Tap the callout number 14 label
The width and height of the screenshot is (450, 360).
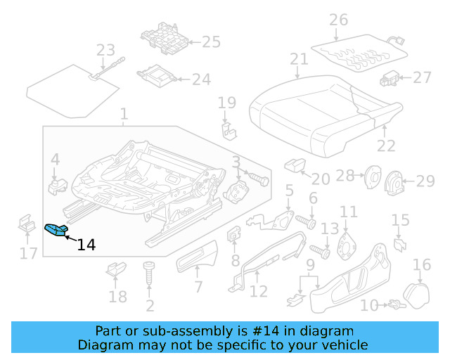[86, 245]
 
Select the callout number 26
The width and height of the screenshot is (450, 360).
[338, 20]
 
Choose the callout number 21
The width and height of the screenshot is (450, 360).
[299, 60]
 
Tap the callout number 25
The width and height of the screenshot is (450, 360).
[211, 42]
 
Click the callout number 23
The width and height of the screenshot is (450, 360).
[105, 51]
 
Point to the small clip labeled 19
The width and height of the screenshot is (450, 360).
[227, 130]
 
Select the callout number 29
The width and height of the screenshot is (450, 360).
[425, 182]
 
